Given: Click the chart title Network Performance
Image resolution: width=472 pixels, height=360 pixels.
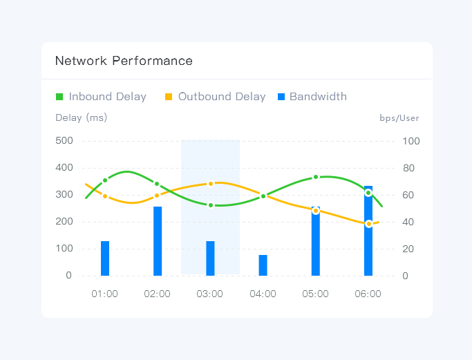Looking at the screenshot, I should pyautogui.click(x=124, y=61).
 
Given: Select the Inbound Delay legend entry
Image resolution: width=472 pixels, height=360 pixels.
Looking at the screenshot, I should pyautogui.click(x=101, y=97).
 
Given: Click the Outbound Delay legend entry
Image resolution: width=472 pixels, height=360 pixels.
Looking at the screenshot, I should pyautogui.click(x=215, y=97).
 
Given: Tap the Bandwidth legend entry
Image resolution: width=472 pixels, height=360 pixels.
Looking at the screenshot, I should pyautogui.click(x=312, y=97).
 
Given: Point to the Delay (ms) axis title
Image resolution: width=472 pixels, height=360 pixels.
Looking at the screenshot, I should pyautogui.click(x=81, y=117).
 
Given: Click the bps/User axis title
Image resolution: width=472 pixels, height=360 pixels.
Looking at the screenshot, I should pyautogui.click(x=399, y=117).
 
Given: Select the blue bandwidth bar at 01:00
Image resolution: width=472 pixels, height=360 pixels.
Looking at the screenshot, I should pyautogui.click(x=105, y=258).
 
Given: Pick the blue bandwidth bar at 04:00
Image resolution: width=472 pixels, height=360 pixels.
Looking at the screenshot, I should pyautogui.click(x=263, y=265).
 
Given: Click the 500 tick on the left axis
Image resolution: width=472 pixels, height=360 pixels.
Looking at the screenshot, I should pyautogui.click(x=64, y=141).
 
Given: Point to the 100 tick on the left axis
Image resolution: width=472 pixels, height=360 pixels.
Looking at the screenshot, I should pyautogui.click(x=64, y=249).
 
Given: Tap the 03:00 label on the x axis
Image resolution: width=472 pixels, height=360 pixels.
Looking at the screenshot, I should pyautogui.click(x=210, y=294).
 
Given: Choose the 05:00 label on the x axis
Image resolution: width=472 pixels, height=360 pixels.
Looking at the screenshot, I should pyautogui.click(x=315, y=294).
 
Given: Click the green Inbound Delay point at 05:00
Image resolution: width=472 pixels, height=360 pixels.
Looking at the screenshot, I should pyautogui.click(x=316, y=177).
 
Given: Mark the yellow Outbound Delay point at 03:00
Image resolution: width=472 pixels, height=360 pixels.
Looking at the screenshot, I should pyautogui.click(x=210, y=183).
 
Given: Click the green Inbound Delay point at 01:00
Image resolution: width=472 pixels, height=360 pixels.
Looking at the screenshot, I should pyautogui.click(x=105, y=180).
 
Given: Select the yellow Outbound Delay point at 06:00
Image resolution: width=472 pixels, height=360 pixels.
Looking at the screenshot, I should pyautogui.click(x=368, y=224).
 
